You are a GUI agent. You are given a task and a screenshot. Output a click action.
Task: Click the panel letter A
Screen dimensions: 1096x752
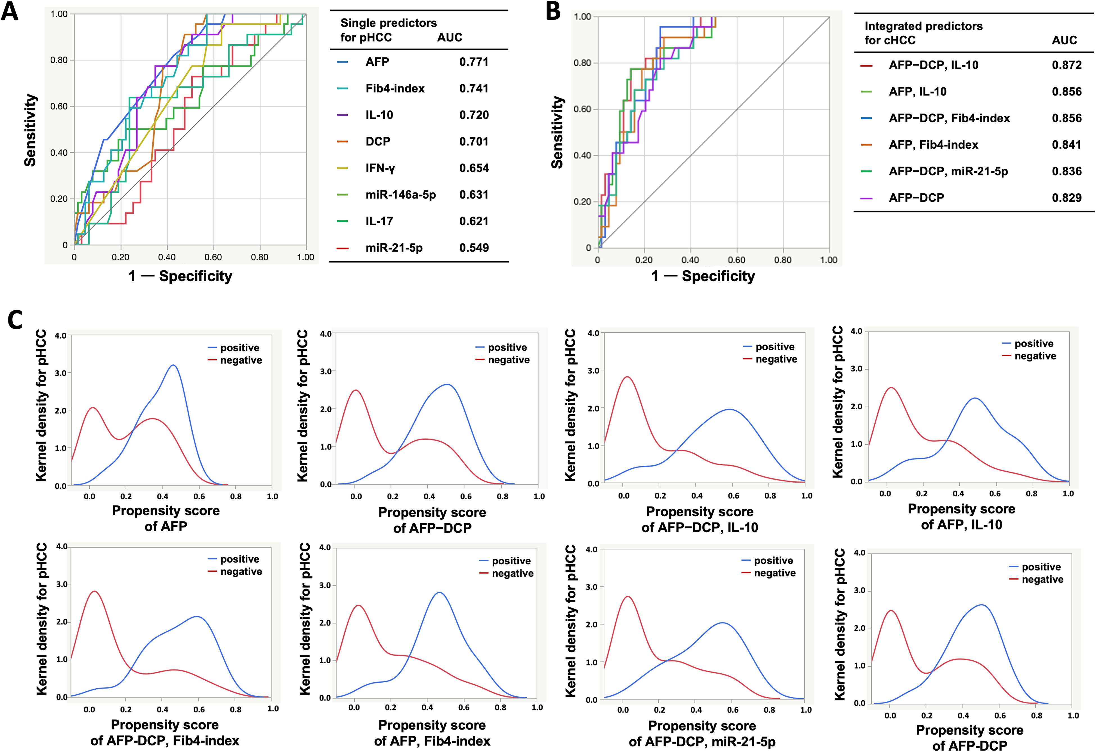pyautogui.click(x=10, y=11)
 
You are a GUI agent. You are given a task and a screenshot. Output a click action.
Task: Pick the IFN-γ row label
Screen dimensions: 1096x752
pyautogui.click(x=380, y=168)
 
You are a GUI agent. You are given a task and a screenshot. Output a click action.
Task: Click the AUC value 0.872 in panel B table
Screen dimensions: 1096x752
pyautogui.click(x=1067, y=65)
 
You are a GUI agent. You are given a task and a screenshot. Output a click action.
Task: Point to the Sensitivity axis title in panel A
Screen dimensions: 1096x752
pyautogui.click(x=31, y=130)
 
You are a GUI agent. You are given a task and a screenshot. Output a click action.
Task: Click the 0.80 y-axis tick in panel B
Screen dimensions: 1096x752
pyautogui.click(x=582, y=63)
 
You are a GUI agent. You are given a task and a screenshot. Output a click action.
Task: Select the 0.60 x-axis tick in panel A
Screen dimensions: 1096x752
pyautogui.click(x=213, y=257)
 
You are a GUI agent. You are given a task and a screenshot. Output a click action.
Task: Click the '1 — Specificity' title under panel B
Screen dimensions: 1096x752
pyautogui.click(x=703, y=276)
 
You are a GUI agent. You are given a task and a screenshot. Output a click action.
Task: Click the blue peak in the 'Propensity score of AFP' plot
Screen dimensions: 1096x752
pyautogui.click(x=174, y=365)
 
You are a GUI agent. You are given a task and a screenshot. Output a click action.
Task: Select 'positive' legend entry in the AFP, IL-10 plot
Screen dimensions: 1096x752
pyautogui.click(x=1034, y=344)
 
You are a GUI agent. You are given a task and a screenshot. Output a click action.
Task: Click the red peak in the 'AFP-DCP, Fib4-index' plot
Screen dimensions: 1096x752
pyautogui.click(x=95, y=591)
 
